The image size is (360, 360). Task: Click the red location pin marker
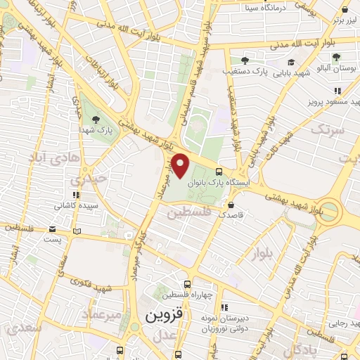(181, 166)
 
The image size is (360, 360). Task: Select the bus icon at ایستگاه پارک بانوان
(219, 172)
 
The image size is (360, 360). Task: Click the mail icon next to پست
(54, 229)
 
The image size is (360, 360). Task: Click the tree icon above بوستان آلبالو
(337, 58)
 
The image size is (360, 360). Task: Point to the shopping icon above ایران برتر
(345, 9)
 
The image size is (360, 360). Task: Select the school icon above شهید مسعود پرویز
(337, 91)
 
